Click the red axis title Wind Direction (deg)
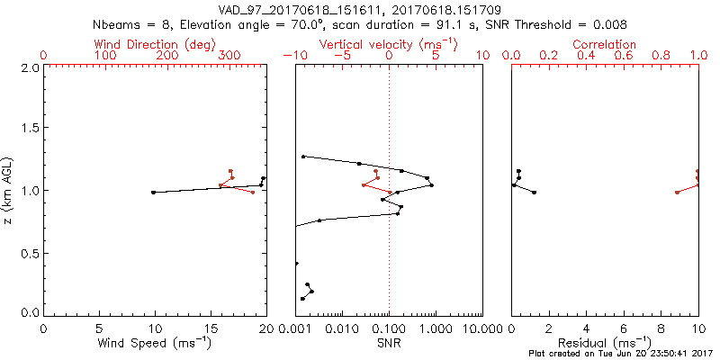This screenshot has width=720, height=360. [x=155, y=44]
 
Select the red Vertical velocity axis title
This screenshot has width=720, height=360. [x=388, y=44]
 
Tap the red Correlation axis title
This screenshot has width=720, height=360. [x=605, y=44]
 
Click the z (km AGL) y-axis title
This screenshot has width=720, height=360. [x=10, y=190]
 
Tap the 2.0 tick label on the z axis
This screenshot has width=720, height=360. [x=29, y=67]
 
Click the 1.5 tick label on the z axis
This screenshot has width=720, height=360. [x=29, y=129]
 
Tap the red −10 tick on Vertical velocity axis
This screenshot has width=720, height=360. [x=293, y=56]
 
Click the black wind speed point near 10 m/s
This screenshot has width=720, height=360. [x=154, y=192]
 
